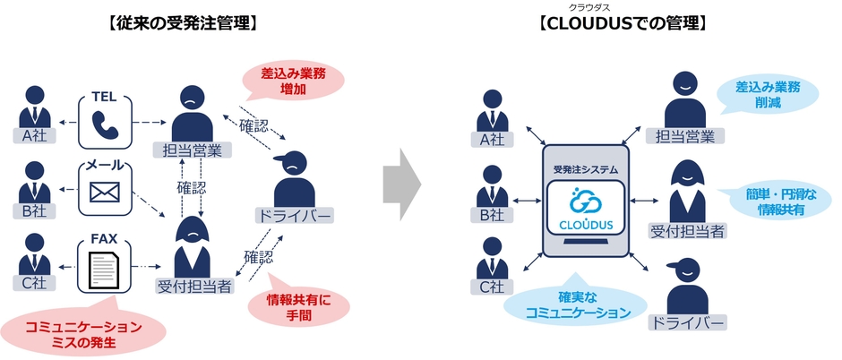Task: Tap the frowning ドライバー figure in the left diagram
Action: (x=294, y=179)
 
